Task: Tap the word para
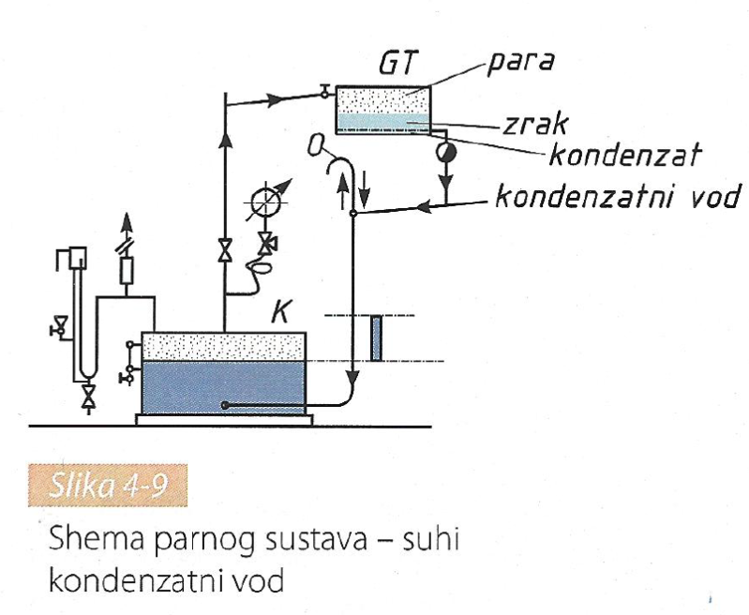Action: [x=519, y=64]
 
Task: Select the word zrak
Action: [x=523, y=125]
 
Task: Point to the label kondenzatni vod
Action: [x=617, y=197]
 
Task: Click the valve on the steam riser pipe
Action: [x=225, y=251]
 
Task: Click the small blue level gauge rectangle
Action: [x=376, y=339]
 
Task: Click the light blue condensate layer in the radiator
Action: [x=382, y=122]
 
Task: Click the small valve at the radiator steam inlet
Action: [x=323, y=91]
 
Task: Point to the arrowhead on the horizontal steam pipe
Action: [x=278, y=97]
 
